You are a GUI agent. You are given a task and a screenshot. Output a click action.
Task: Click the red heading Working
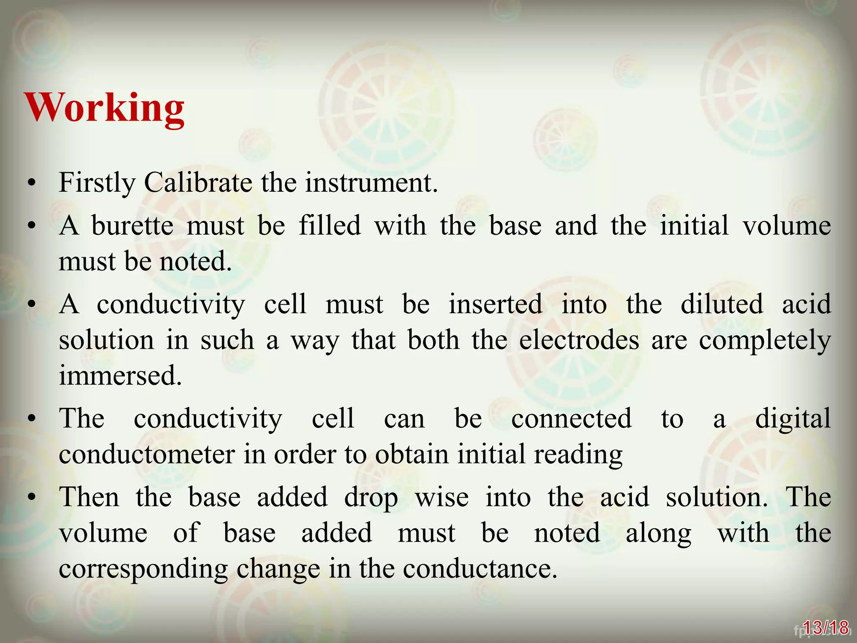(105, 108)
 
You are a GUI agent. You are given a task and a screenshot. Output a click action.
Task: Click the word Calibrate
(198, 183)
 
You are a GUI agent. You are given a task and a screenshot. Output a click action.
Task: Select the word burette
(132, 226)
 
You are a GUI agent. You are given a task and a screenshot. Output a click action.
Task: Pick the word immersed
(121, 375)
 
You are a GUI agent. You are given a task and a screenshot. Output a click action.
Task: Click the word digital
(793, 418)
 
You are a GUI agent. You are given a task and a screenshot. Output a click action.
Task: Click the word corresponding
(144, 569)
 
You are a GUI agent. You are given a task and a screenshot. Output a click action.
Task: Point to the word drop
(371, 498)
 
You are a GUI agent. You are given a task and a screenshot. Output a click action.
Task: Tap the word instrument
(371, 183)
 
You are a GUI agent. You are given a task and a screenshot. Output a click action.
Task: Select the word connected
(571, 418)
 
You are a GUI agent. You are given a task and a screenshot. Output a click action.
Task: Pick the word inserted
(495, 304)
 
